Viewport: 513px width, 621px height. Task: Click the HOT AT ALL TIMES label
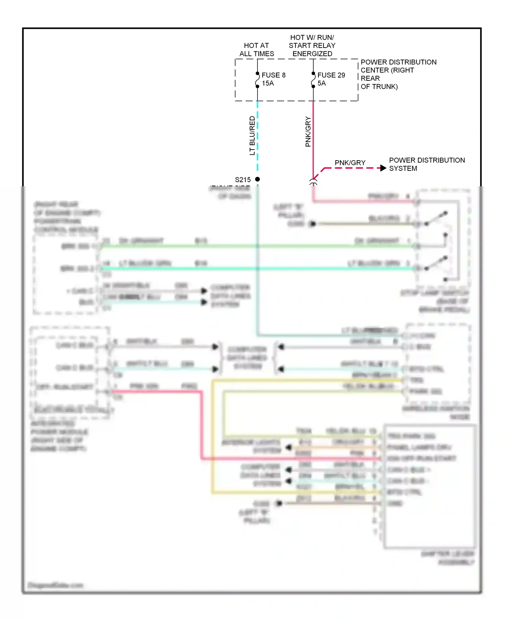(x=256, y=50)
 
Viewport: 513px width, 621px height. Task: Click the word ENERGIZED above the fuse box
(x=312, y=54)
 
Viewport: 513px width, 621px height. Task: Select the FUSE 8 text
(x=273, y=75)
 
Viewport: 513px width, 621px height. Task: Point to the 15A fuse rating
(x=268, y=83)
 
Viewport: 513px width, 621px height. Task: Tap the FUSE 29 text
(x=331, y=75)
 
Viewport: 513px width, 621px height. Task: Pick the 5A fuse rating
(x=321, y=83)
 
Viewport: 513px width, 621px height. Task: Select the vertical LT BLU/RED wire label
(x=252, y=136)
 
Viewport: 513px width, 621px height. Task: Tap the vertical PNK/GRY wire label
(x=308, y=132)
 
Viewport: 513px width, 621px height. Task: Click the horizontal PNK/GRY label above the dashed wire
(x=350, y=163)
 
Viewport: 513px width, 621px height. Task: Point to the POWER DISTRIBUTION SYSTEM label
(x=426, y=164)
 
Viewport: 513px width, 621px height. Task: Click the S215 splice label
(x=242, y=180)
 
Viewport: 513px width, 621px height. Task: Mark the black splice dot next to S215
(x=258, y=179)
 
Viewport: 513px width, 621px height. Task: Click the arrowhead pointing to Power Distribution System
(x=383, y=168)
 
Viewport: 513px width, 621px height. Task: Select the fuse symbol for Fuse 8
(x=257, y=80)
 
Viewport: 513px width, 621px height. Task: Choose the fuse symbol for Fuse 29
(x=313, y=80)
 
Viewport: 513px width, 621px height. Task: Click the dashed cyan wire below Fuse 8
(x=258, y=137)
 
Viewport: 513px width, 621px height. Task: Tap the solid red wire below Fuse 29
(x=313, y=144)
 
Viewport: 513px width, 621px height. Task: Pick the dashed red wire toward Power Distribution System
(x=352, y=168)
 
